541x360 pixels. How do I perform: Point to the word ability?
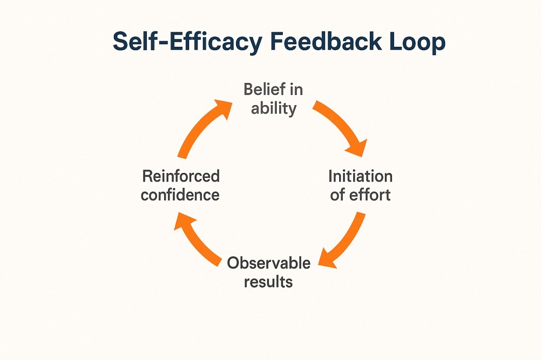(273, 108)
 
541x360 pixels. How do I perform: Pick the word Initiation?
(360, 176)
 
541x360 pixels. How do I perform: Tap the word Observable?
(268, 262)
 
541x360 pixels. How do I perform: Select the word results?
(268, 281)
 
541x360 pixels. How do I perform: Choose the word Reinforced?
(181, 176)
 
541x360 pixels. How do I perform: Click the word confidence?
(180, 195)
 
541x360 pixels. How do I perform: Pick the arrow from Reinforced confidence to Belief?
(199, 128)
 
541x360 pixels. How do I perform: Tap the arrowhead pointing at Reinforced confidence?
(182, 221)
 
